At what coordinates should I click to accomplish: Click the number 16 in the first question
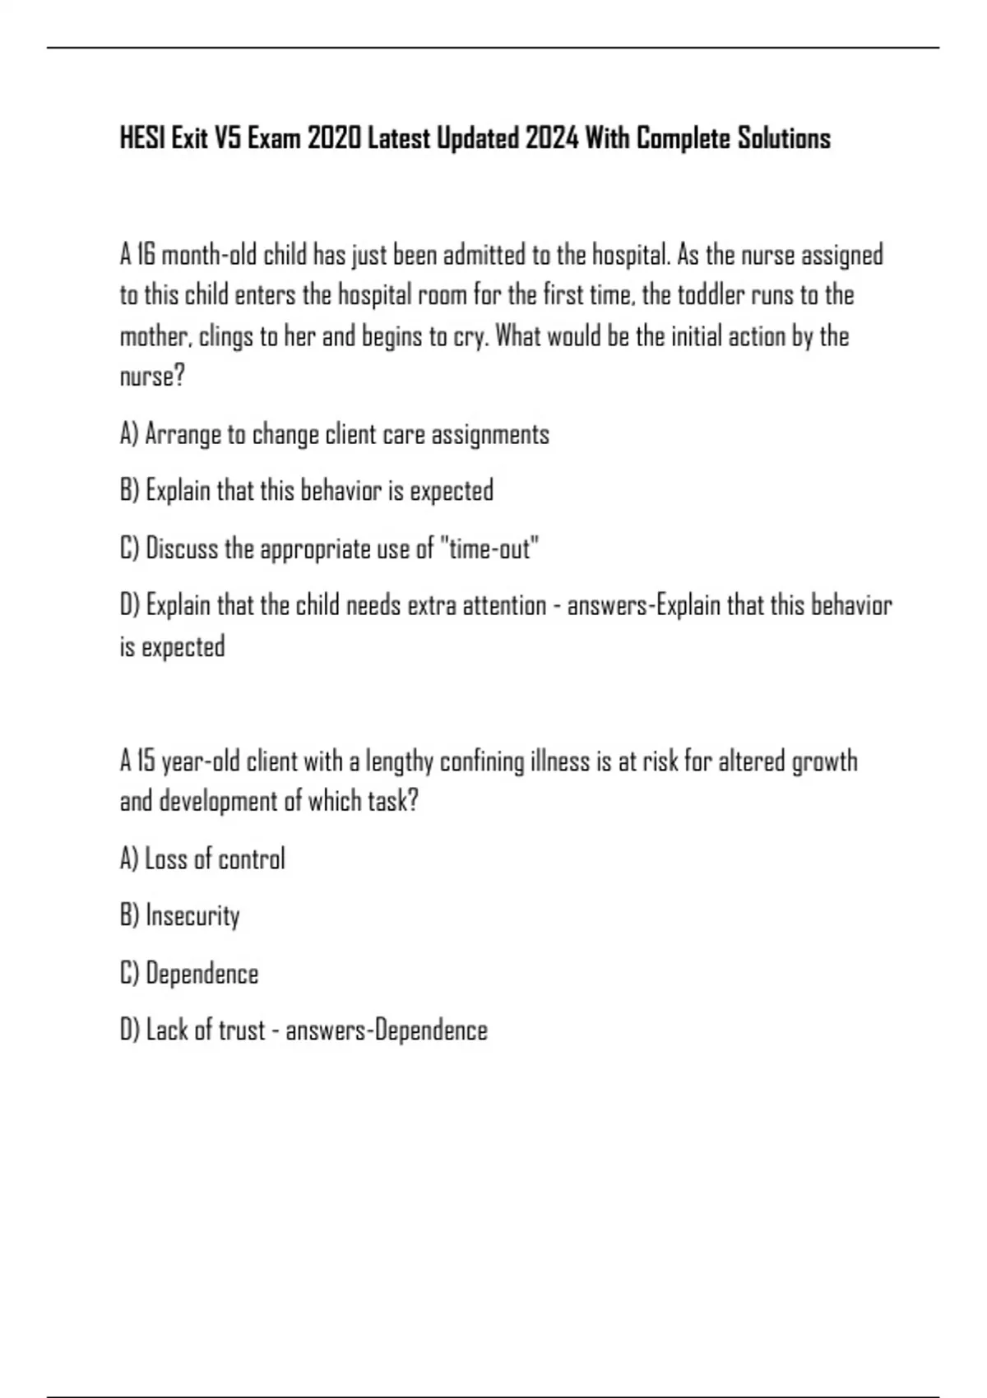146,255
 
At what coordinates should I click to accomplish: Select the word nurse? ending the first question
152,377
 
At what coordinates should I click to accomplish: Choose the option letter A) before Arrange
129,434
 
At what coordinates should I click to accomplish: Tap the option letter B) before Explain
129,491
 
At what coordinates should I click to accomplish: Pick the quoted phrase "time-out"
491,548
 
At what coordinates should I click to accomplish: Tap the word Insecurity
192,915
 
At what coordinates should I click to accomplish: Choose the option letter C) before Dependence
129,974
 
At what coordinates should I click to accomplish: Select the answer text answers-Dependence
387,1030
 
